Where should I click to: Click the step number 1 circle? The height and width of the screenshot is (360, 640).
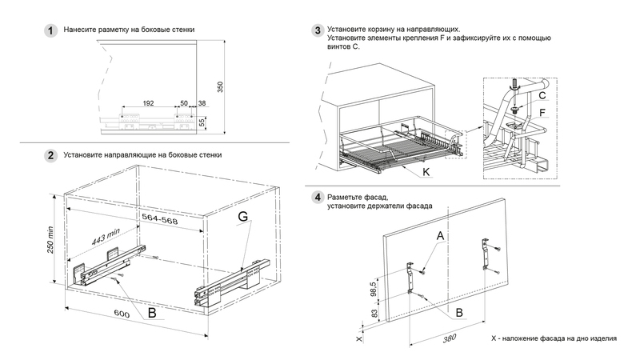(x=50, y=30)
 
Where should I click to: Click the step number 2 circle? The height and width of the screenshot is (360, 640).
(x=50, y=155)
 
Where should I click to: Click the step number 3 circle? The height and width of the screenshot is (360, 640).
(x=318, y=30)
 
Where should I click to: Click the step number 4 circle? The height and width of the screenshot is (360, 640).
(x=318, y=197)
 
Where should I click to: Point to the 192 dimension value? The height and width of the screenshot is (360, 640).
(x=148, y=104)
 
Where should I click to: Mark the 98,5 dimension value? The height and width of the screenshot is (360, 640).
(x=374, y=286)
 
